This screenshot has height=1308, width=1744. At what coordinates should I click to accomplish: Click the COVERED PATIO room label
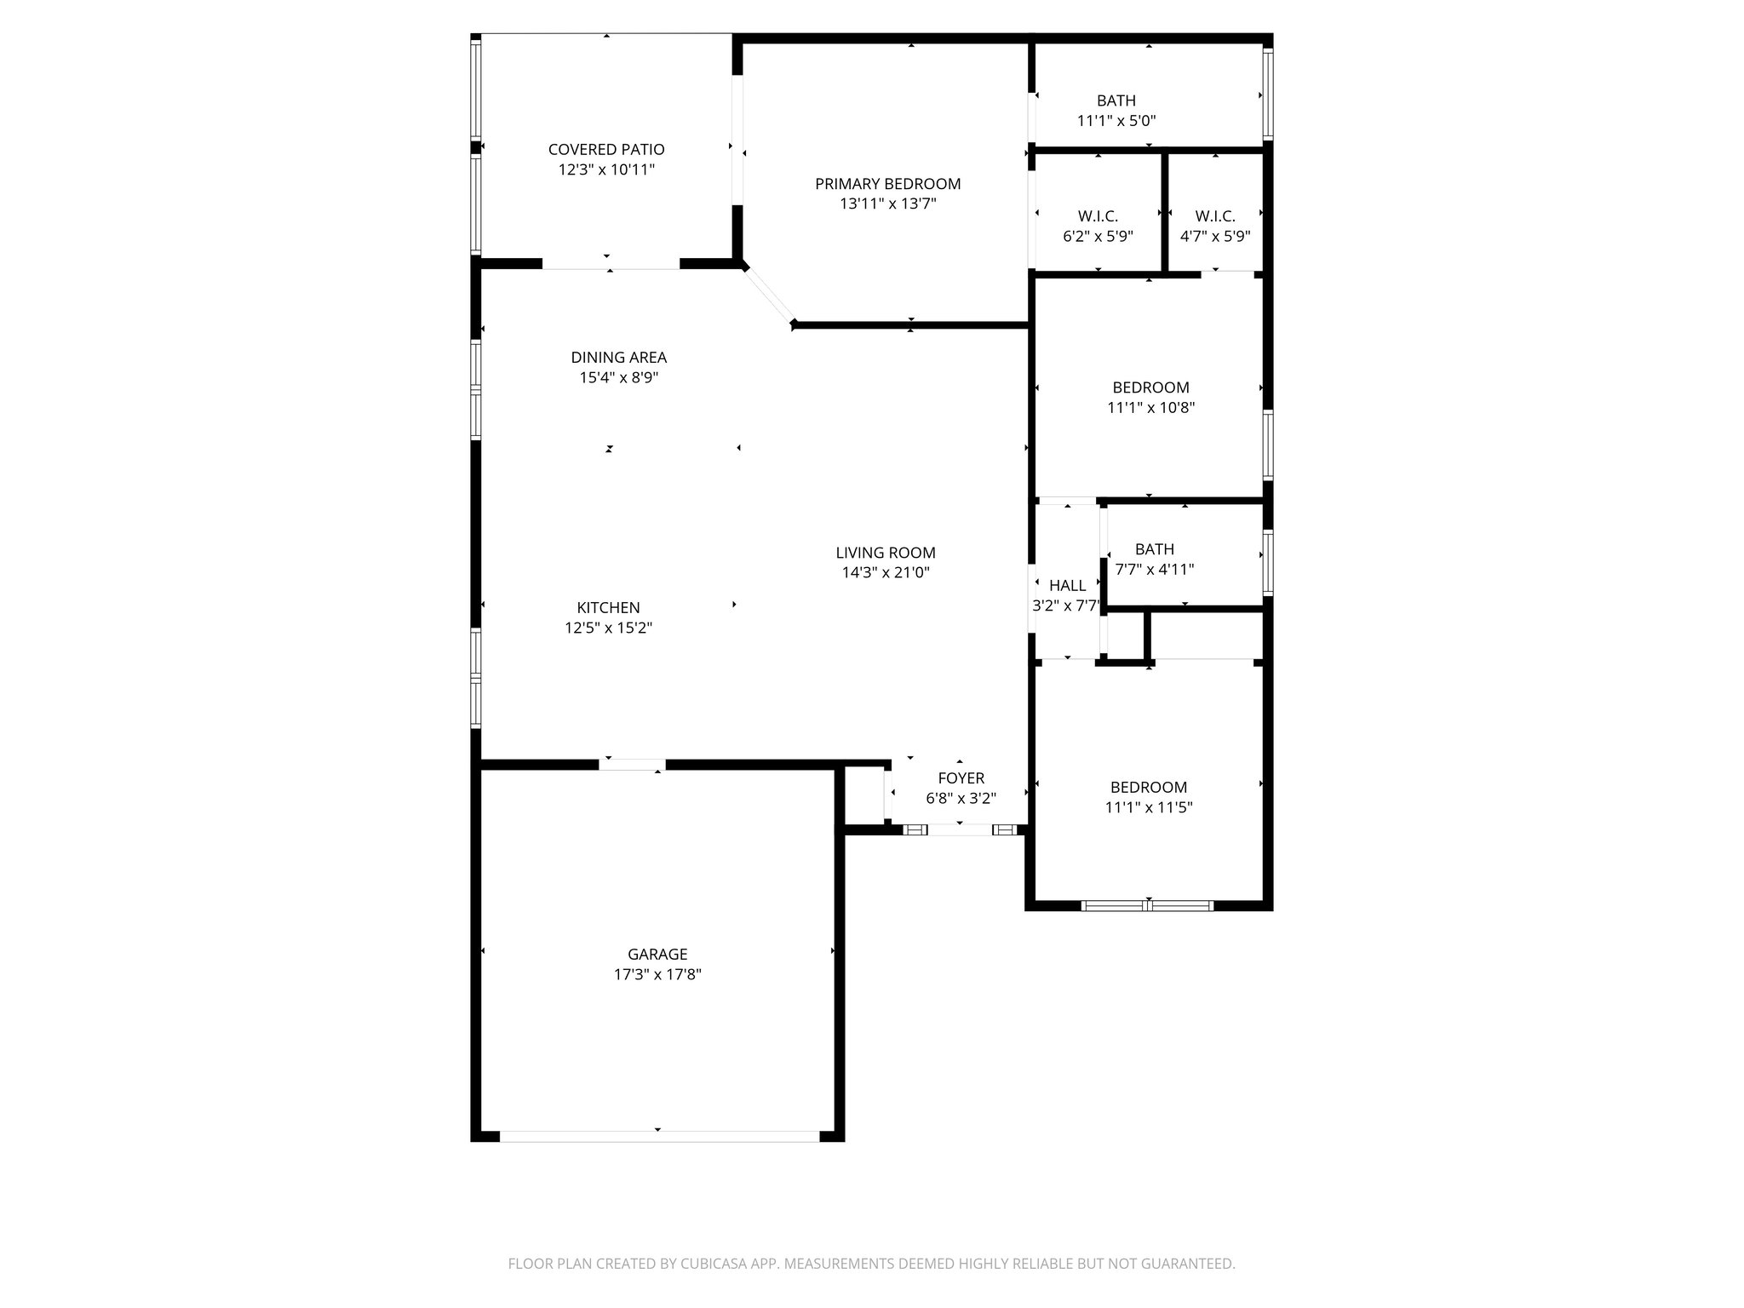[x=606, y=150]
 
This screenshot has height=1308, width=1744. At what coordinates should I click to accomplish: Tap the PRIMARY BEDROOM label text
[x=887, y=184]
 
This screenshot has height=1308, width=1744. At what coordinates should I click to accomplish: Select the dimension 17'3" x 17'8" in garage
[x=657, y=975]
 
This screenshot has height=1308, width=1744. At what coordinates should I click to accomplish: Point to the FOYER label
[x=961, y=778]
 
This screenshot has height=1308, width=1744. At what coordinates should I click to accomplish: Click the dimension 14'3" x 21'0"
[x=886, y=573]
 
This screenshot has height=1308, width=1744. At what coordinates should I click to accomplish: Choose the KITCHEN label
[x=608, y=608]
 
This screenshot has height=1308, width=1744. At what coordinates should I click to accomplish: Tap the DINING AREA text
[x=618, y=358]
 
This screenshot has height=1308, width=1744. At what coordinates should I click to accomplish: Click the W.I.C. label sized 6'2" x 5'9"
[x=1098, y=216]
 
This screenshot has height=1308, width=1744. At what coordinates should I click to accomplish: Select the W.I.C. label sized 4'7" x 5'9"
[x=1214, y=216]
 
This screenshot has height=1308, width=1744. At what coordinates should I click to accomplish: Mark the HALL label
[x=1067, y=586]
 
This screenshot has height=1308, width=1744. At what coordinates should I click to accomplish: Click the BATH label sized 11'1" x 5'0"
[x=1116, y=100]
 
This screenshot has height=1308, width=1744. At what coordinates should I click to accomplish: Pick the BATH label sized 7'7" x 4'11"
[x=1154, y=549]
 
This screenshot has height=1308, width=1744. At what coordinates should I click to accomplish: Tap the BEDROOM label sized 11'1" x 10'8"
[x=1150, y=387]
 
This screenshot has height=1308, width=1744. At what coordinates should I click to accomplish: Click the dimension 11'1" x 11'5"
[x=1149, y=808]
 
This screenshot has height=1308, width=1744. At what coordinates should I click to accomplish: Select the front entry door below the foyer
[x=960, y=829]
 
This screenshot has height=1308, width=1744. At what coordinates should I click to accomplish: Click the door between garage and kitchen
[x=632, y=765]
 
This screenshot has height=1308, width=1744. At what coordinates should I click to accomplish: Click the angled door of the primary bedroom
[x=769, y=296]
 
